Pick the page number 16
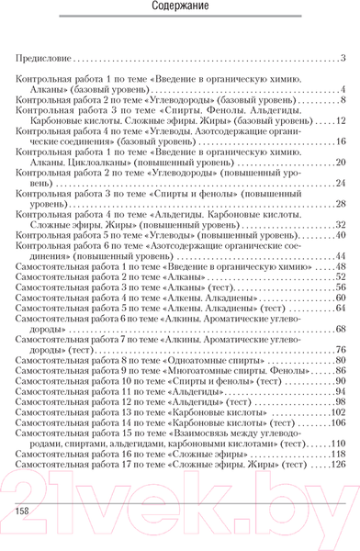[x=339, y=141]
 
